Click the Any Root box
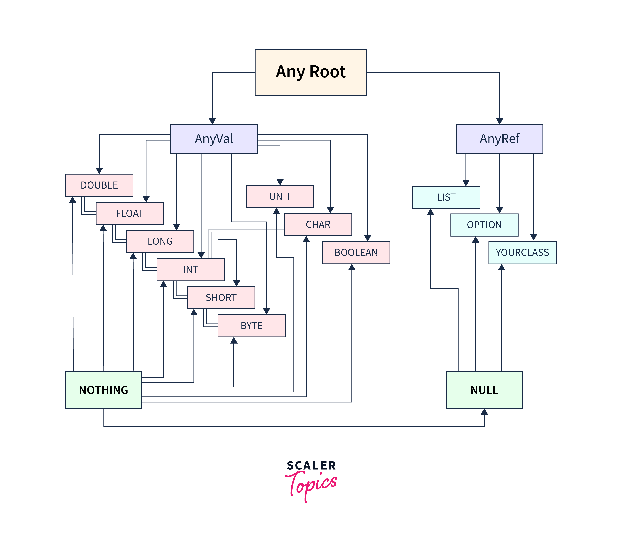tap(311, 72)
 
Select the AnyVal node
tap(214, 139)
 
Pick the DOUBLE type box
tap(99, 185)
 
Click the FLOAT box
tap(130, 213)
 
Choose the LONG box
tap(160, 241)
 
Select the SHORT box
tap(221, 298)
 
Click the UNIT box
tap(280, 196)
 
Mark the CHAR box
tap(318, 225)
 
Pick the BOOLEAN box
tap(356, 253)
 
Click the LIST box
tap(446, 197)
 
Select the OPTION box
tap(484, 225)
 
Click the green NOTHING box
tap(103, 390)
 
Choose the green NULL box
tap(484, 390)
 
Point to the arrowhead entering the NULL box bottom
tap(484, 412)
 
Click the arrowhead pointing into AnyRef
tap(500, 121)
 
